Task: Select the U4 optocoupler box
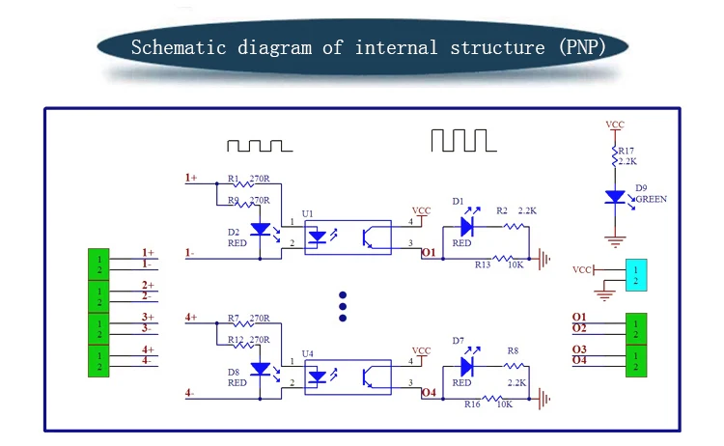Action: coord(348,375)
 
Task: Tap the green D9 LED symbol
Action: coord(614,197)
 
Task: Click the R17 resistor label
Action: coord(626,150)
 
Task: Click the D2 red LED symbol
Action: coord(260,230)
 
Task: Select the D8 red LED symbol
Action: coord(260,369)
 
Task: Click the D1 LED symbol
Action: coord(466,226)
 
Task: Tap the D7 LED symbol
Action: coord(466,366)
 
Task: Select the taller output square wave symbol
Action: coord(462,141)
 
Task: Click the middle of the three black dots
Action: coord(342,306)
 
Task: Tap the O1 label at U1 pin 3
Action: coord(430,254)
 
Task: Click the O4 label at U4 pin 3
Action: coord(430,393)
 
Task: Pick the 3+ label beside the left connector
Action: coord(149,318)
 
